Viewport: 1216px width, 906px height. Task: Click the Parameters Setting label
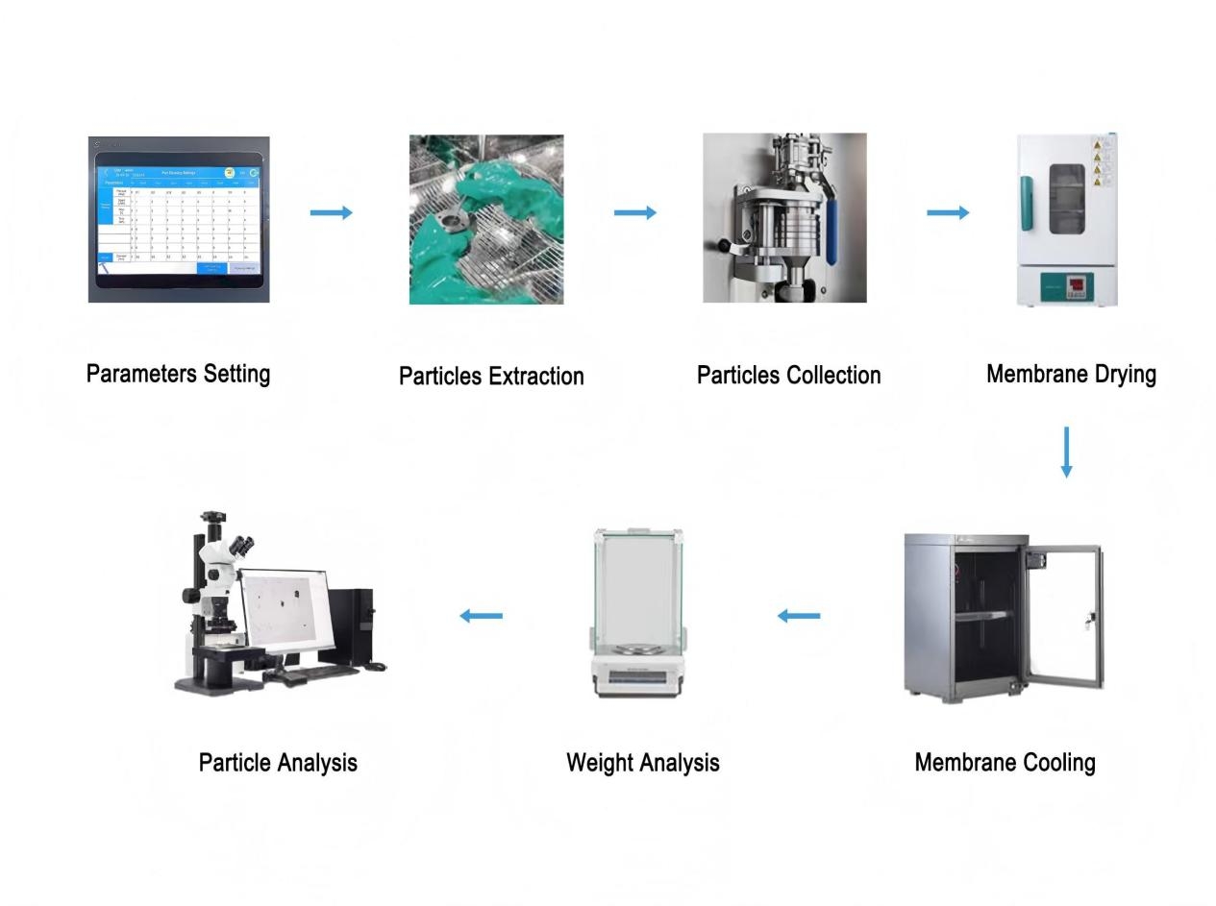178,374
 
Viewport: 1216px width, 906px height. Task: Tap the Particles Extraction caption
491,376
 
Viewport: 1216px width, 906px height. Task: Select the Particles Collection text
788,375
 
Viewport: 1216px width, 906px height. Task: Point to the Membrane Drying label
1071,374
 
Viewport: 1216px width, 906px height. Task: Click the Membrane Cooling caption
1005,762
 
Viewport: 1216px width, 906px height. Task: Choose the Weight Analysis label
642,762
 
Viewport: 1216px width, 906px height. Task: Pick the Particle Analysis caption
278,762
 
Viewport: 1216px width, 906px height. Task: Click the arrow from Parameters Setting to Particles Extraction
332,212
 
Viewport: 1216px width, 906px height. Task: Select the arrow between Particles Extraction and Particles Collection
635,212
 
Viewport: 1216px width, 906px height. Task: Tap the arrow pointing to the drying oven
948,212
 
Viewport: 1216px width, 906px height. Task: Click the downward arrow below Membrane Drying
1066,452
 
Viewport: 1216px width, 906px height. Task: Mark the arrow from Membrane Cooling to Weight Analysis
799,616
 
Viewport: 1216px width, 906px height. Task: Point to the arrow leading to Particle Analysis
481,616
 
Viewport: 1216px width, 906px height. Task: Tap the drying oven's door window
1066,199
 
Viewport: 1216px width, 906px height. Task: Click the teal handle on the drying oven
1028,203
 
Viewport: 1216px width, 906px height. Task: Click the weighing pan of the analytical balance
637,649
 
